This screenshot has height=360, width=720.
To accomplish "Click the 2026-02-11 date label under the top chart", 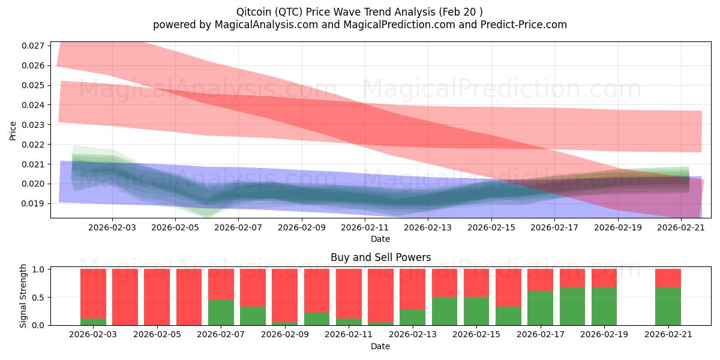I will pos(364,227).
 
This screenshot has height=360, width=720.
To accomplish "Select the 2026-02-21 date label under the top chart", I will pos(680,227).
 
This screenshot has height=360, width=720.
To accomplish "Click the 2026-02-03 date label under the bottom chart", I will pos(93,335).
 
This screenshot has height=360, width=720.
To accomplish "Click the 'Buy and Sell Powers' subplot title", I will pos(380,257).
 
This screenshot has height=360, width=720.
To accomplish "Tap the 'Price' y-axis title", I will pos(13,130).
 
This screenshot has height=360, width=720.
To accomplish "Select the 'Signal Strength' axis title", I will pos(24,296).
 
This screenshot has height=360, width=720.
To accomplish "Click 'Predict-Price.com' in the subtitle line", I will pos(524,25).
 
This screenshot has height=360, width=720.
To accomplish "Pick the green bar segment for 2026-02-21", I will pos(668,306).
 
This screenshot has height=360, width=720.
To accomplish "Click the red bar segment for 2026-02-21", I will pos(668,278).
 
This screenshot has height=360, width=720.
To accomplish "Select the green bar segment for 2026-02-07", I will pos(221,312).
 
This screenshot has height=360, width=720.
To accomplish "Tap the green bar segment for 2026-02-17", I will pos(540,308).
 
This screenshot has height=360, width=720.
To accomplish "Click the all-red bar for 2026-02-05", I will pos(157,297).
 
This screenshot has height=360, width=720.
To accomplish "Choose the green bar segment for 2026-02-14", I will pos(444,311).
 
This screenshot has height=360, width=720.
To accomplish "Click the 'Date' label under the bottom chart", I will pos(380,346).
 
